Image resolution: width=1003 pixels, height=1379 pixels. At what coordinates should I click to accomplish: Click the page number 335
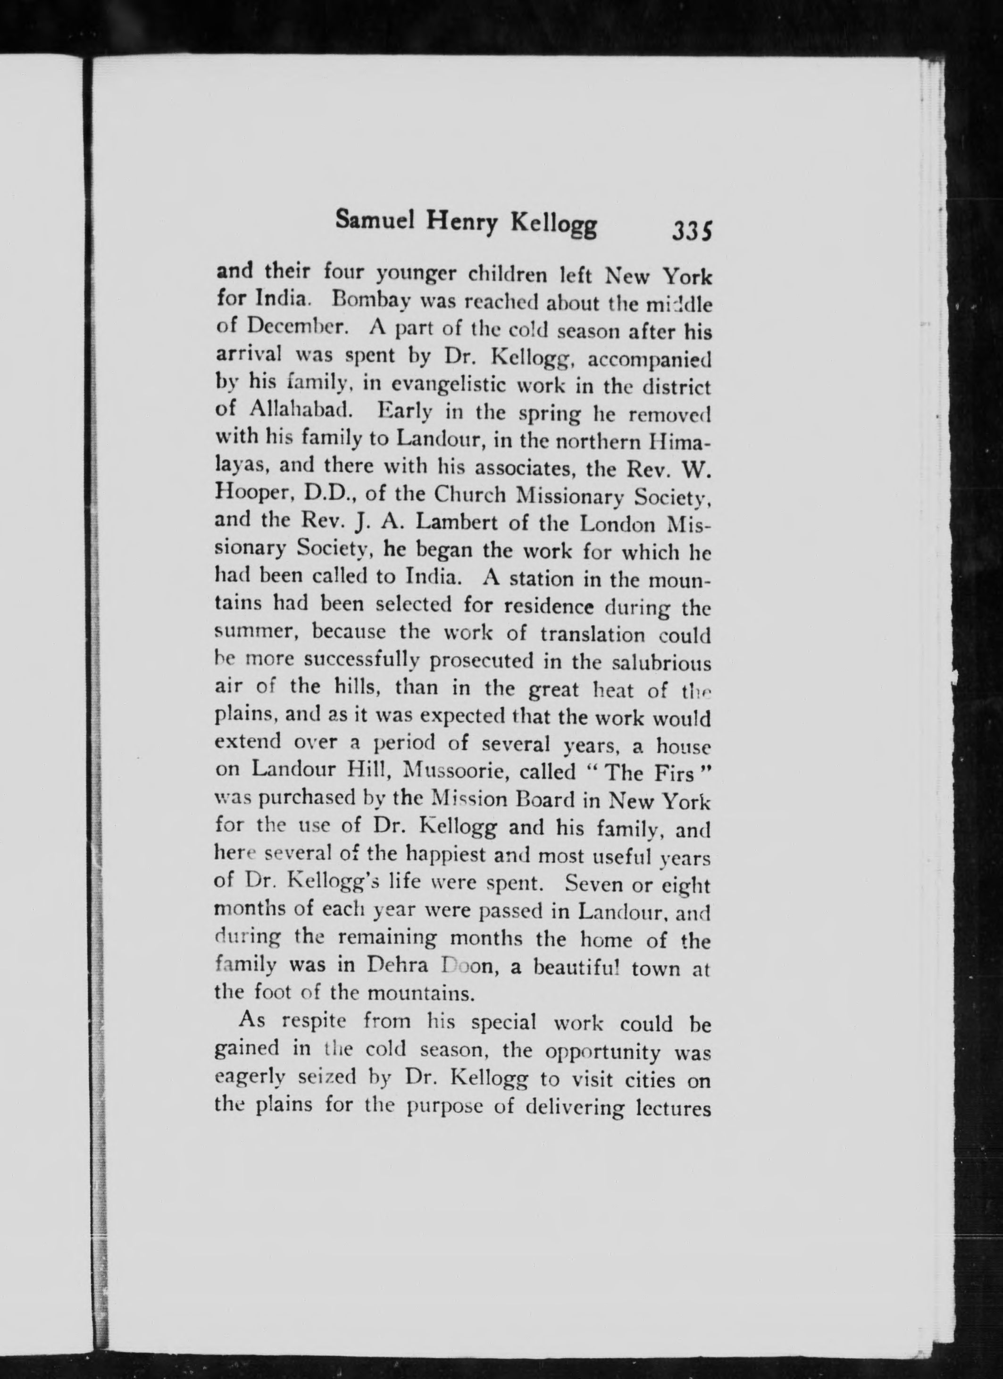click(x=692, y=232)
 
